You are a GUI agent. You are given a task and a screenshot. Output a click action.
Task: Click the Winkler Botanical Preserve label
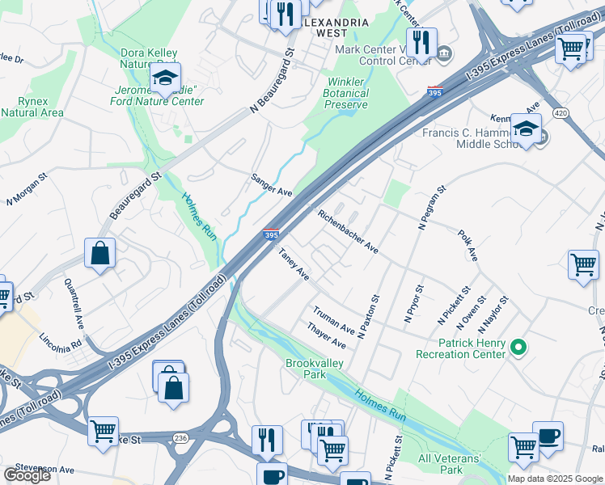coord(347,93)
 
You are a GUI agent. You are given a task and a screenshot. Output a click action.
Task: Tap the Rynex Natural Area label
coord(32,107)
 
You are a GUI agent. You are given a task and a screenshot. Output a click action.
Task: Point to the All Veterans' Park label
coord(451,464)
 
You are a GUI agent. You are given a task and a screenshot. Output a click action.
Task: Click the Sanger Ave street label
coord(271,185)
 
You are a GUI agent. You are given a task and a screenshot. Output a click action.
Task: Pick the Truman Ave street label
coord(334,320)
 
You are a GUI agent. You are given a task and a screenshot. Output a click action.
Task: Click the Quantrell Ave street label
coord(74,303)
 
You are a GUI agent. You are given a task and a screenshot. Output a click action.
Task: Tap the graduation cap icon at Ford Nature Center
coord(165,78)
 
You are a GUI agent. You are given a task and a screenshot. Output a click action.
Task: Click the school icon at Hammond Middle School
coord(527,129)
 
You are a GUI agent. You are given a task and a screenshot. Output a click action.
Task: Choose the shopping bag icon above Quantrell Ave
coord(100,254)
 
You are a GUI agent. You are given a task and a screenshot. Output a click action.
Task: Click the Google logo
coord(27,475)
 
